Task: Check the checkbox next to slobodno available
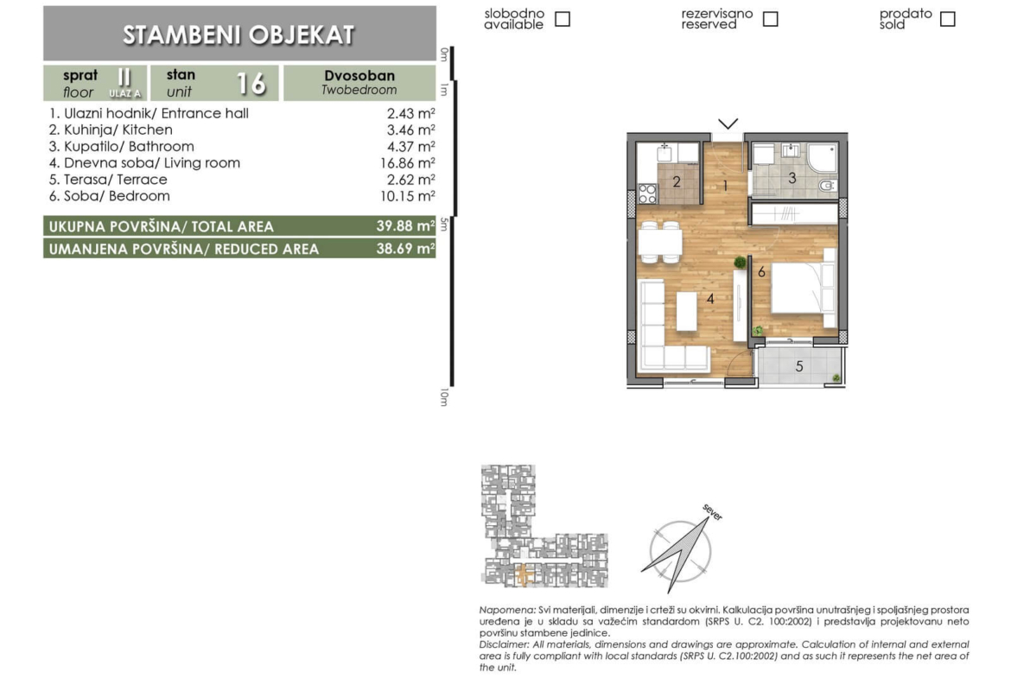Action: [x=563, y=19]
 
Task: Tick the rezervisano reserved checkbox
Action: [x=770, y=19]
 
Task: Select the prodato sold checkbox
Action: [x=947, y=19]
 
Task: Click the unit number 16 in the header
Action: [x=251, y=83]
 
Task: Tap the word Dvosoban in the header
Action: [x=359, y=75]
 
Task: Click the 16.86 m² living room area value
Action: [x=408, y=163]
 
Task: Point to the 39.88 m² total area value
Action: [x=405, y=226]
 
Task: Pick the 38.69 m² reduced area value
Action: [x=405, y=249]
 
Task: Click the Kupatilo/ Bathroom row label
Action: [x=121, y=146]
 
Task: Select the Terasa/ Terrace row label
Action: [x=108, y=179]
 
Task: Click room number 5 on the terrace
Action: [x=799, y=366]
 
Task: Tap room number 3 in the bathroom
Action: [x=792, y=177]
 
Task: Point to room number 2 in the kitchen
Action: [x=677, y=181]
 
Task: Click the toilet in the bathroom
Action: [x=826, y=187]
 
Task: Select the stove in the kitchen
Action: [x=647, y=194]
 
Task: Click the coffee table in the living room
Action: [x=686, y=312]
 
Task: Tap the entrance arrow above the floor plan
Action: [x=728, y=124]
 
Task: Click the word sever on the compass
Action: [x=713, y=512]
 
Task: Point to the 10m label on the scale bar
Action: [x=444, y=397]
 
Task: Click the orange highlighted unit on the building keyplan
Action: [x=525, y=574]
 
